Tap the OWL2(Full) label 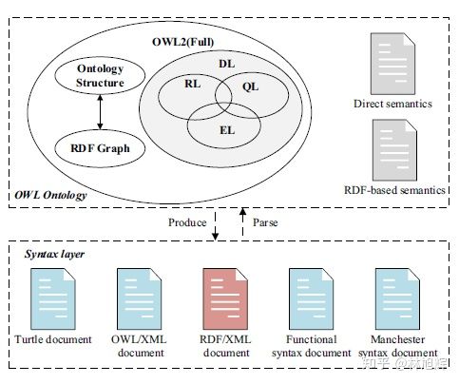(182, 42)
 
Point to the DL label (227, 64)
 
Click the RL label (193, 84)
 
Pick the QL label (250, 86)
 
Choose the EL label (227, 130)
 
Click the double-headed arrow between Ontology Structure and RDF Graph (100, 112)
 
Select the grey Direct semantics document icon (392, 64)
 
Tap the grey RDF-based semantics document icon (394, 150)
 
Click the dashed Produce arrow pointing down (216, 225)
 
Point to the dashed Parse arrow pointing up (243, 221)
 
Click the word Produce (187, 222)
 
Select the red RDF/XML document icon (225, 299)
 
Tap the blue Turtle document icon (53, 299)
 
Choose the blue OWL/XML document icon (140, 299)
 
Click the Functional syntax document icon (311, 299)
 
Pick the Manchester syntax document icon (397, 299)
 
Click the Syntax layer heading (54, 254)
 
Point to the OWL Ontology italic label (50, 195)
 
